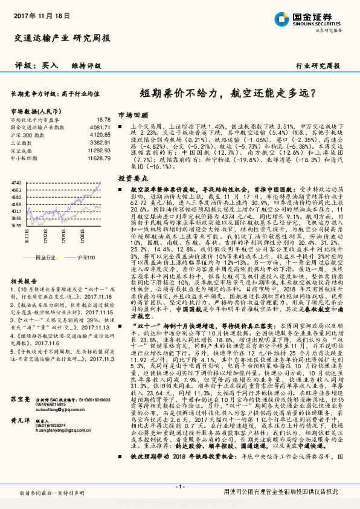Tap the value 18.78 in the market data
coord(103,120)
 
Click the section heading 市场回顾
coord(132,114)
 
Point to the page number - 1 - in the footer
coord(179,487)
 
